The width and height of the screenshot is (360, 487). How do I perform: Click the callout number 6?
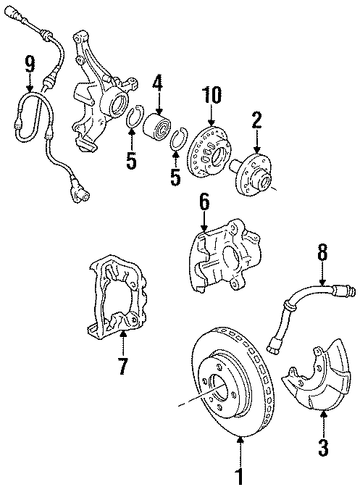pos(205,204)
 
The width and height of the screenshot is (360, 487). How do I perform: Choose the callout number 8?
pos(322,253)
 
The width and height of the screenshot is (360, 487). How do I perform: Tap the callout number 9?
pos(30,64)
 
